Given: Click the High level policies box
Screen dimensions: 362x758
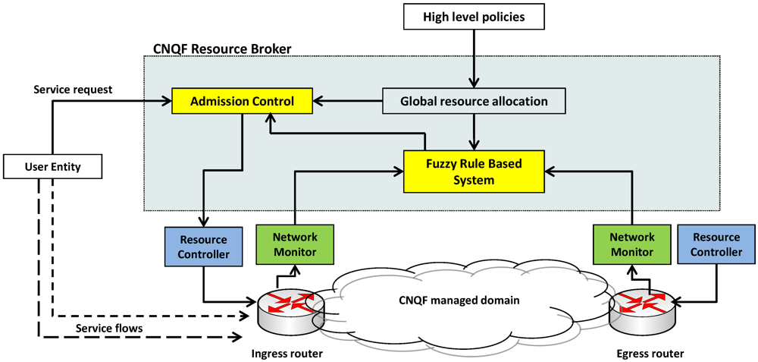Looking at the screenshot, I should (x=475, y=15).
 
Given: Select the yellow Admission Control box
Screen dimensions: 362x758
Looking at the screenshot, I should (x=242, y=100).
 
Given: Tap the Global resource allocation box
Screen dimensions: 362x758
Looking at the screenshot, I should (x=474, y=100).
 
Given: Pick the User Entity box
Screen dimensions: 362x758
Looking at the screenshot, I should (x=52, y=166).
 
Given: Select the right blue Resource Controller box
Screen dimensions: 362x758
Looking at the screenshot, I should (x=716, y=244).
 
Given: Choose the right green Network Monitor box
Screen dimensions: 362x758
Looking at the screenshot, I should (x=631, y=244).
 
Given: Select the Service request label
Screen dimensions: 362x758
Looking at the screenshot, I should (x=73, y=90).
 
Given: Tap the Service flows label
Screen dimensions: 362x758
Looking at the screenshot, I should (x=108, y=328).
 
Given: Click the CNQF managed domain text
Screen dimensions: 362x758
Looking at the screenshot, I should (x=459, y=301).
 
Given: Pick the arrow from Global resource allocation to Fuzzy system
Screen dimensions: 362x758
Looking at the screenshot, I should (x=475, y=130).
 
